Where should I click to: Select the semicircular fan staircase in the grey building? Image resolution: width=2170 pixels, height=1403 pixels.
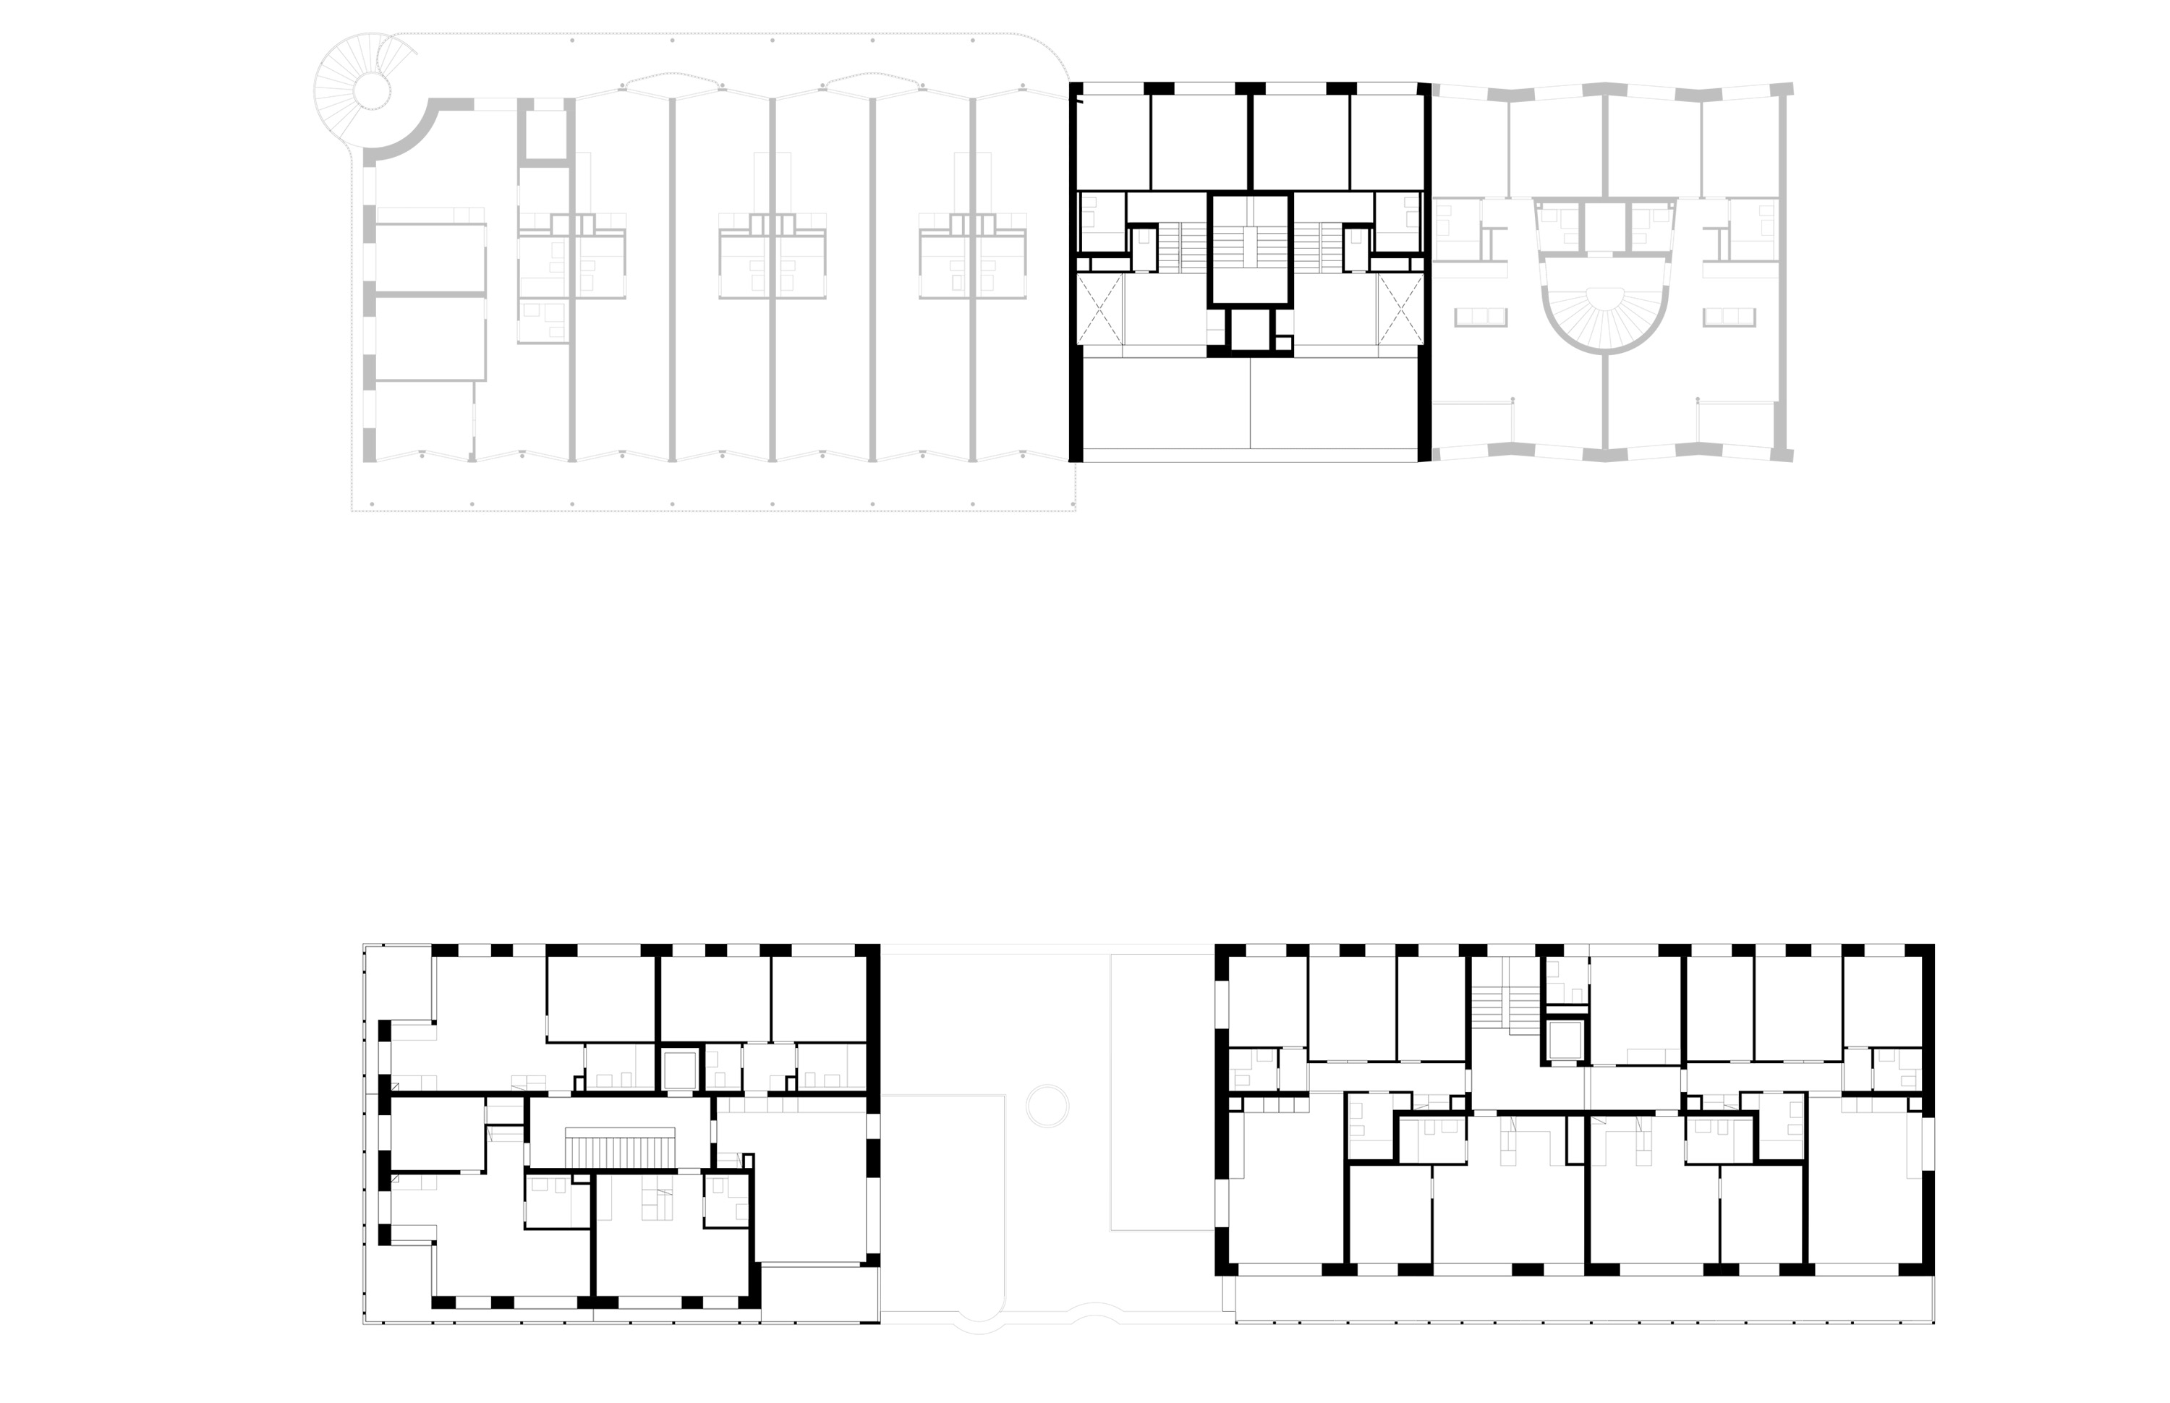click(x=1605, y=315)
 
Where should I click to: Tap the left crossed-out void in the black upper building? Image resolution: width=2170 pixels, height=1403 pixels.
click(x=1099, y=309)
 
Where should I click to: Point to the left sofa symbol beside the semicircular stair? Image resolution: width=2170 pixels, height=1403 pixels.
click(x=1481, y=317)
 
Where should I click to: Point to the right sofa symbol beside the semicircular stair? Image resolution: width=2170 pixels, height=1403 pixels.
click(x=1729, y=317)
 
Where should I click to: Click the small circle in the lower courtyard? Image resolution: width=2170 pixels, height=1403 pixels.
click(x=1047, y=1105)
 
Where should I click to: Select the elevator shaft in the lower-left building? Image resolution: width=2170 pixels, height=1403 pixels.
click(x=678, y=1070)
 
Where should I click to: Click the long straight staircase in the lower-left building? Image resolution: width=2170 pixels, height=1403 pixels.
click(x=622, y=1147)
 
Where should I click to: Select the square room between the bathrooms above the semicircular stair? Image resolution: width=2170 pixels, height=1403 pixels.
click(x=1605, y=228)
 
